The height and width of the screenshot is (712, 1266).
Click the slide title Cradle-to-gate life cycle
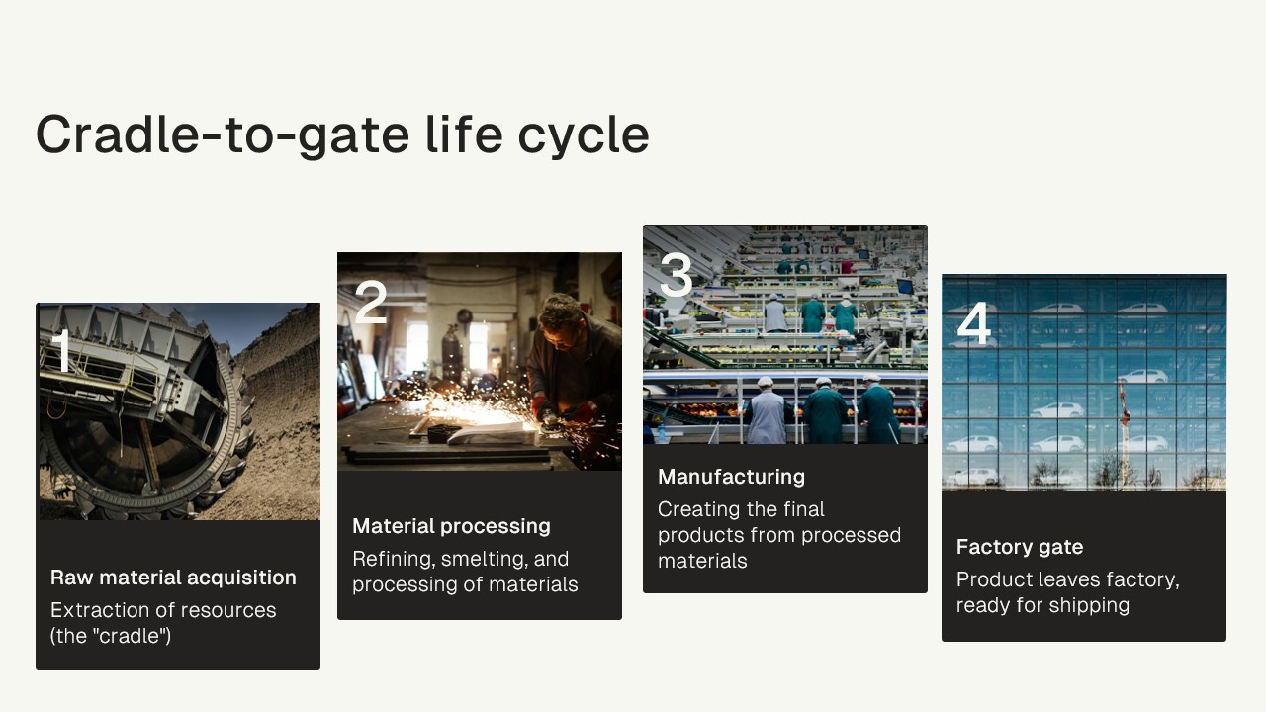[x=342, y=134]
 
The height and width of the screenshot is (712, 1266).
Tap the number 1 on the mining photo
[x=62, y=350]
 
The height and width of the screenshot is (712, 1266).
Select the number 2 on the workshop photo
[x=371, y=302]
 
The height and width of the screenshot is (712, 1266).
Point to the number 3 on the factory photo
[x=676, y=275]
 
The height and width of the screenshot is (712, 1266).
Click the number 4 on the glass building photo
[x=974, y=323]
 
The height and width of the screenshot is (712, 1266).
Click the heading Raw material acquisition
[x=173, y=578]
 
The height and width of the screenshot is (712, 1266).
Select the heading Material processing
[x=451, y=526]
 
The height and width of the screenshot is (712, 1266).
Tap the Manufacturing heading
[x=731, y=477]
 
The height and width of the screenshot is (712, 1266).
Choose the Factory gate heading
[x=1020, y=547]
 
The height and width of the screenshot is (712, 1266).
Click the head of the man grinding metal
[x=560, y=321]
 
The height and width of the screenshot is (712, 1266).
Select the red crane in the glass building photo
[x=1125, y=432]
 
